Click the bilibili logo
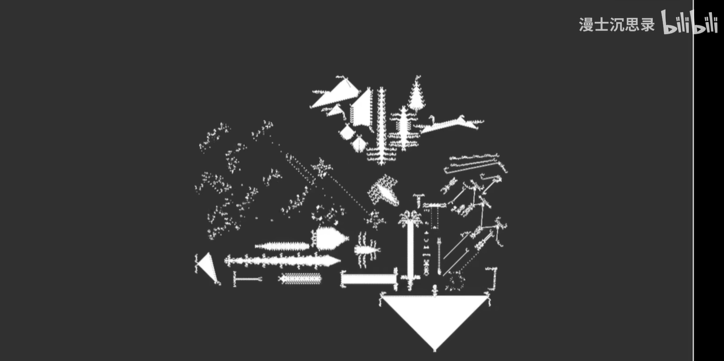(x=689, y=23)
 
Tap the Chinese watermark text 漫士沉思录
(x=616, y=24)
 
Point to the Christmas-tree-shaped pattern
(x=416, y=95)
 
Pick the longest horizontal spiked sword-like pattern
(x=282, y=261)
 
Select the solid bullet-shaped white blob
(x=330, y=238)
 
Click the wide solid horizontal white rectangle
(x=368, y=279)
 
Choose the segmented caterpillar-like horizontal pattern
(x=300, y=279)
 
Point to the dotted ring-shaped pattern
(x=455, y=282)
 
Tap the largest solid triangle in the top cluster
(x=336, y=94)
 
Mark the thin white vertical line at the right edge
(x=693, y=180)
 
